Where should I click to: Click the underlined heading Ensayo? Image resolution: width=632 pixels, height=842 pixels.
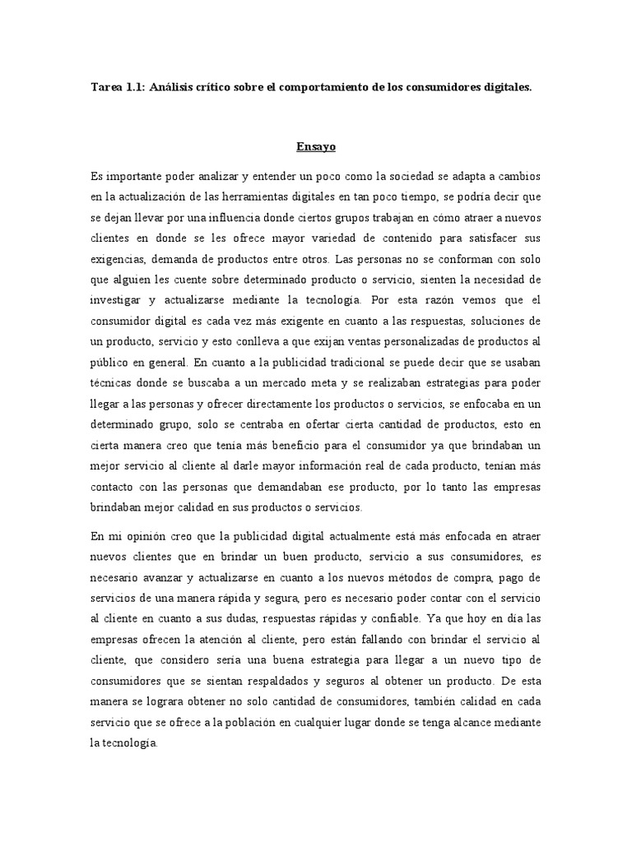pyautogui.click(x=316, y=148)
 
